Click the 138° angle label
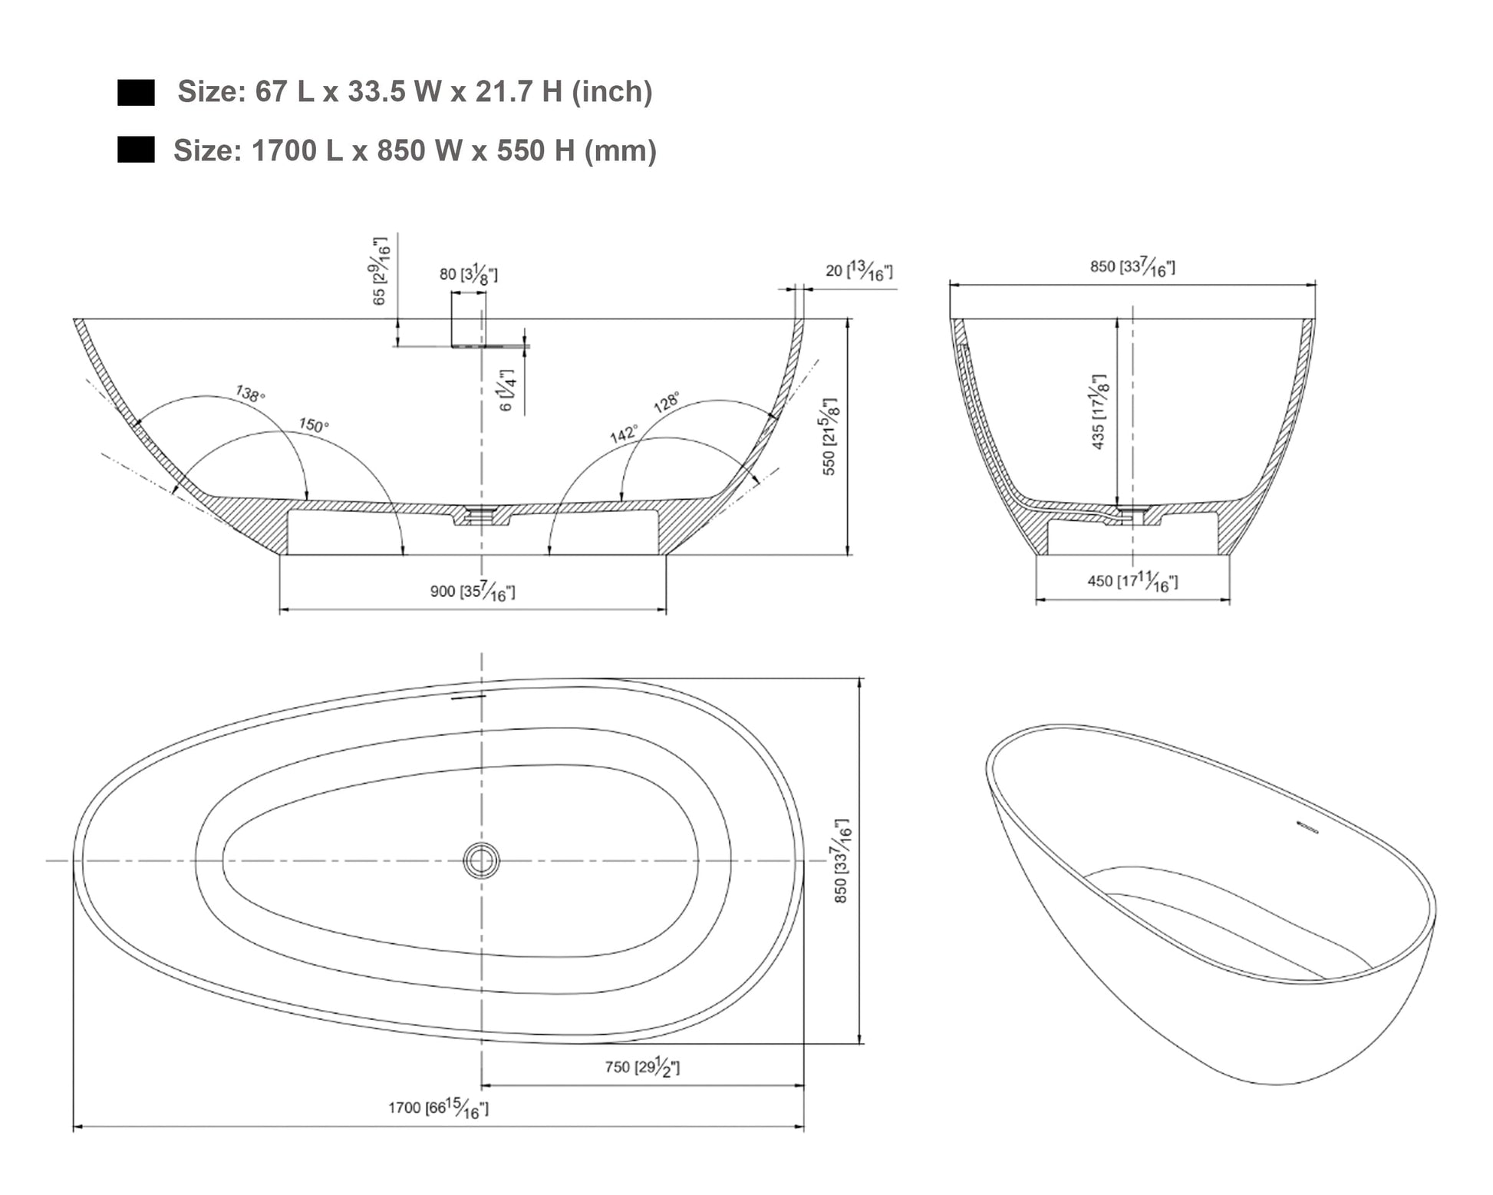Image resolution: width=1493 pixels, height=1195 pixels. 250,394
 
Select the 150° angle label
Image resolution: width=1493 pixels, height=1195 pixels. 314,425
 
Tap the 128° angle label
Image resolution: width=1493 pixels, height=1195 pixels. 666,403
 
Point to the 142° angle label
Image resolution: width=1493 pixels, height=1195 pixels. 624,434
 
